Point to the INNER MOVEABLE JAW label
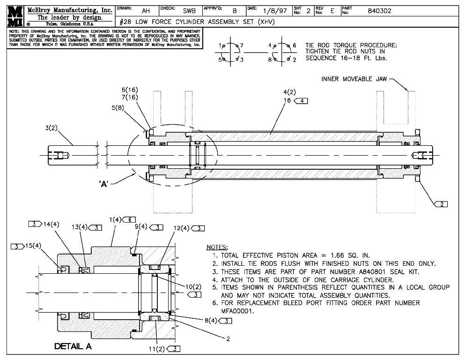point(354,79)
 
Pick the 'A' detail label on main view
point(104,184)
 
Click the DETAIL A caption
point(73,346)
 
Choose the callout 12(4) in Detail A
point(182,228)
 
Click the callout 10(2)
point(193,286)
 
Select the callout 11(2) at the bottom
point(158,348)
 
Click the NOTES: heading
point(217,247)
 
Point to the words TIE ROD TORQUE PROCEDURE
point(351,45)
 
